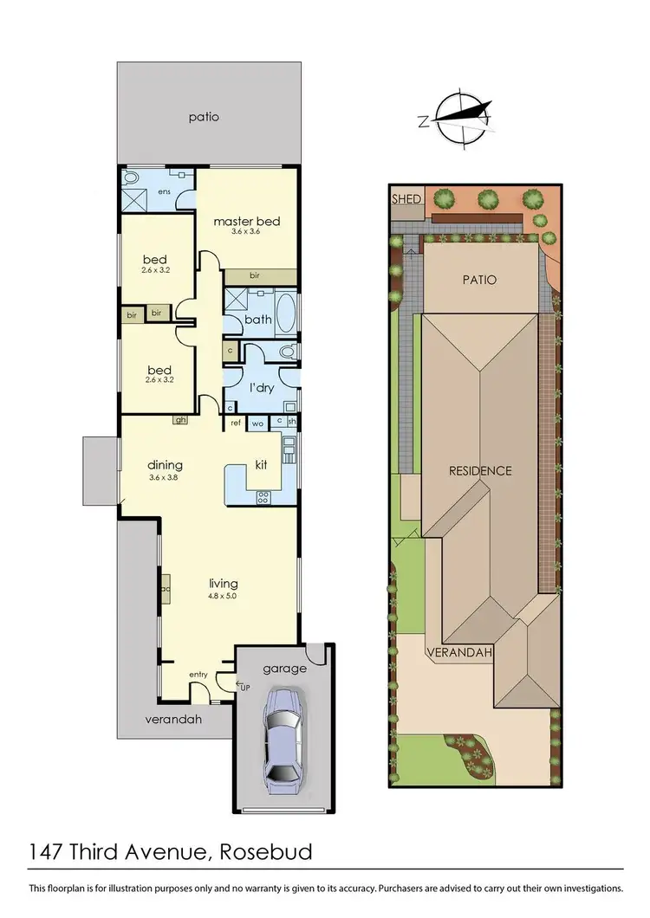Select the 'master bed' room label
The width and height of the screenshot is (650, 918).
pyautogui.click(x=246, y=221)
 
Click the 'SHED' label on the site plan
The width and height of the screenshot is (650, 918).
pyautogui.click(x=406, y=199)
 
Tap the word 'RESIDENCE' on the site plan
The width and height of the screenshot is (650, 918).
pyautogui.click(x=479, y=471)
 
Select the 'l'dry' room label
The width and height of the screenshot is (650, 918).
pyautogui.click(x=262, y=387)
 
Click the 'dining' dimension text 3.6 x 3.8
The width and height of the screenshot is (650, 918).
pyautogui.click(x=166, y=477)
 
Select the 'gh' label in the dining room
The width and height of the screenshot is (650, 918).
pyautogui.click(x=180, y=421)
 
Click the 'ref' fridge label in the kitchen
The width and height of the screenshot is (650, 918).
pyautogui.click(x=235, y=423)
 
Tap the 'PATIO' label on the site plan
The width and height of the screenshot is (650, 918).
pyautogui.click(x=479, y=280)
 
